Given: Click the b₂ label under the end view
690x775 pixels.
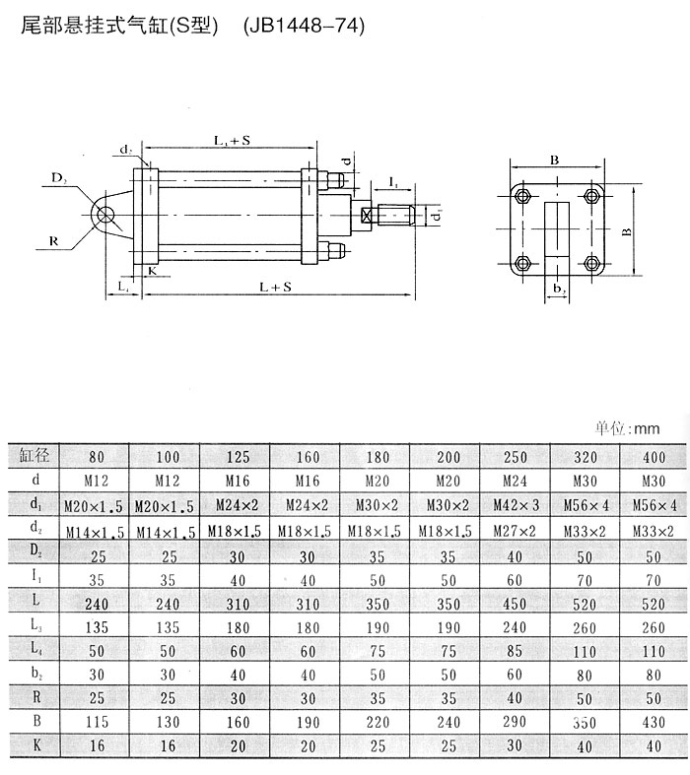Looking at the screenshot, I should tap(558, 290).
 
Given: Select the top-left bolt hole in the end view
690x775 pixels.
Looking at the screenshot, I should tap(523, 192).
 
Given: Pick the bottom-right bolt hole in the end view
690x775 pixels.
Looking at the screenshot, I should tap(592, 263).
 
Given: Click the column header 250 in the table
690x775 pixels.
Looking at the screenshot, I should tap(515, 458).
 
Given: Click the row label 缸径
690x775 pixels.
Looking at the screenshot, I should tap(34, 457).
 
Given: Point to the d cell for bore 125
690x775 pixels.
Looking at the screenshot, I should tap(237, 482).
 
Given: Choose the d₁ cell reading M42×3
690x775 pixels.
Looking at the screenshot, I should tap(515, 506).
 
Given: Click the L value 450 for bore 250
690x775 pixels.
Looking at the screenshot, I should tap(515, 601).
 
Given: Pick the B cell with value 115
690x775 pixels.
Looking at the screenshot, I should tap(97, 721).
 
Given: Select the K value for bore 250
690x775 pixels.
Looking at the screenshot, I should tap(515, 745).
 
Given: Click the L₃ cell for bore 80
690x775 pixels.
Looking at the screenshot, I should tap(97, 625).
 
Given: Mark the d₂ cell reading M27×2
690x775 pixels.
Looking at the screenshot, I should tap(515, 531).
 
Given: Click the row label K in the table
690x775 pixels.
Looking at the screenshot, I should tap(34, 745).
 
